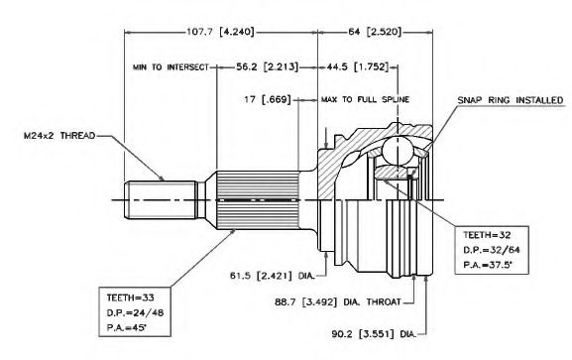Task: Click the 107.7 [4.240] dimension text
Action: pos(220,32)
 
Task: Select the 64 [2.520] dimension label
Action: pos(375,32)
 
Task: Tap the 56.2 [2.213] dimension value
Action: pos(267,66)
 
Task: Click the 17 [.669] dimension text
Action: pos(268,99)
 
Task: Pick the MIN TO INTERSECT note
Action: pos(171,67)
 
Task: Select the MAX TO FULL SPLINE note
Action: pos(365,99)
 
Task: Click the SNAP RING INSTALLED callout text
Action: pos(511,100)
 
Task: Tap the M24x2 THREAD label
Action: pos(59,136)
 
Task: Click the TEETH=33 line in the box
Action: pos(130,298)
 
